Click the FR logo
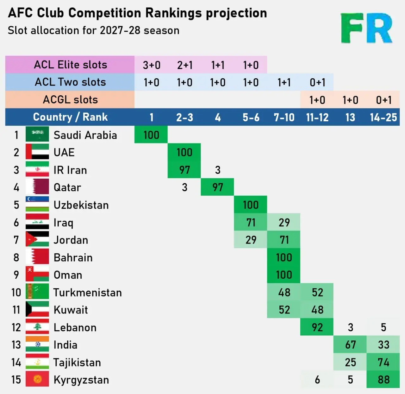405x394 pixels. [x=366, y=28]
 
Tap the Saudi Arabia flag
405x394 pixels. [x=37, y=134]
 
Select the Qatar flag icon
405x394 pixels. [x=37, y=187]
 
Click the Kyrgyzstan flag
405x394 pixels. [x=37, y=379]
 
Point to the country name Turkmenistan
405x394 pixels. [x=87, y=292]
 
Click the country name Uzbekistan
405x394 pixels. [x=81, y=205]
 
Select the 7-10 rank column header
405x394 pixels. [x=284, y=117]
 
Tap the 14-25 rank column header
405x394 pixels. [x=383, y=117]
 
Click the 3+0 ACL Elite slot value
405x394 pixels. [x=152, y=65]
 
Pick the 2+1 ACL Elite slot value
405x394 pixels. [x=185, y=65]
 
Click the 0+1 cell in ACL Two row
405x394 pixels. [x=317, y=82]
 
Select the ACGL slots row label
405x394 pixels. [x=70, y=100]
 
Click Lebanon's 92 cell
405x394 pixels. [x=317, y=327]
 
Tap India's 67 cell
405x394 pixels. [x=350, y=345]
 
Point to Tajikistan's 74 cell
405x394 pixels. [x=383, y=362]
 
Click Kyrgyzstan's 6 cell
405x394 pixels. [x=317, y=379]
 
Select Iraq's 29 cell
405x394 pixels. [x=284, y=222]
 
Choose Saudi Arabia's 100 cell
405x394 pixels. [x=151, y=135]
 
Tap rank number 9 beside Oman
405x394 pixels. [x=16, y=275]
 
